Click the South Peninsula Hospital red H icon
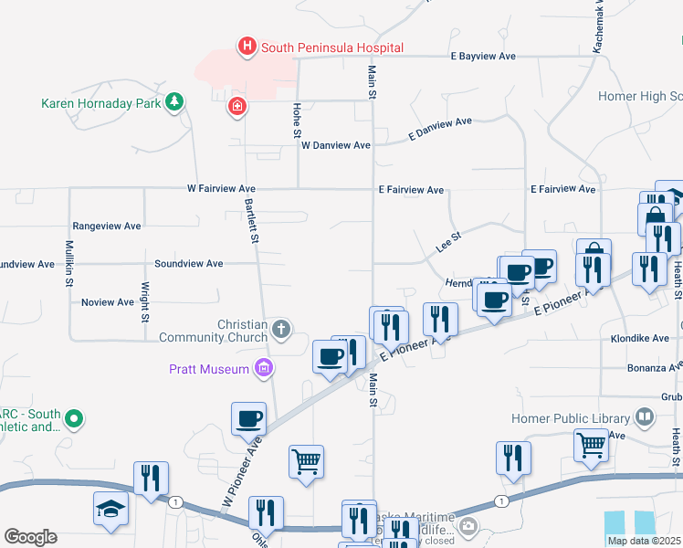point(246,47)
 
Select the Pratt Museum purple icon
point(264,368)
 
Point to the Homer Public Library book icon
point(645,418)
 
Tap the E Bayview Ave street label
point(483,57)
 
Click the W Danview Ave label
point(335,145)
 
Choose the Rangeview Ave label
point(107,226)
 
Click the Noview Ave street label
point(107,302)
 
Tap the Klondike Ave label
point(639,338)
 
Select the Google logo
point(30,536)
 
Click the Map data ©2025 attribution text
point(645,541)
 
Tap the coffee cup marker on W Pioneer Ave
point(248,420)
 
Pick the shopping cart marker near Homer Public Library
point(591,446)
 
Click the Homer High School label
point(640,96)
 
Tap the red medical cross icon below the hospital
point(237,107)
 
